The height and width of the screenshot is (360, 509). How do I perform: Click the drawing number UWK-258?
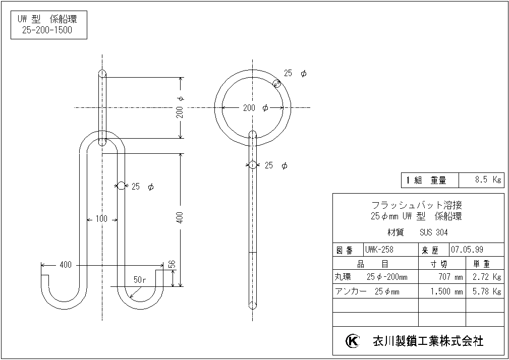(379, 250)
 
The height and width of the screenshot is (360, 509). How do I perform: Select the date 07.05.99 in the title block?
(467, 250)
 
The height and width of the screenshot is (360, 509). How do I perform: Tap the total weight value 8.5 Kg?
(488, 179)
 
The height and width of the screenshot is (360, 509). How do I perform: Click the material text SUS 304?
(434, 232)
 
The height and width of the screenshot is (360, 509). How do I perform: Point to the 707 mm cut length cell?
(450, 277)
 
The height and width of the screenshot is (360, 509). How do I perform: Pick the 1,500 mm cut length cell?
(446, 291)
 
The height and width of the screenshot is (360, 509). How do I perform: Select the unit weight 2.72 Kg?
(487, 277)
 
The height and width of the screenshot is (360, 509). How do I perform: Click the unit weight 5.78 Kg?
(487, 291)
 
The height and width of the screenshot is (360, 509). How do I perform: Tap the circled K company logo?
(352, 341)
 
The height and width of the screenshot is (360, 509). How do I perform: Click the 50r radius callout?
(140, 280)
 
